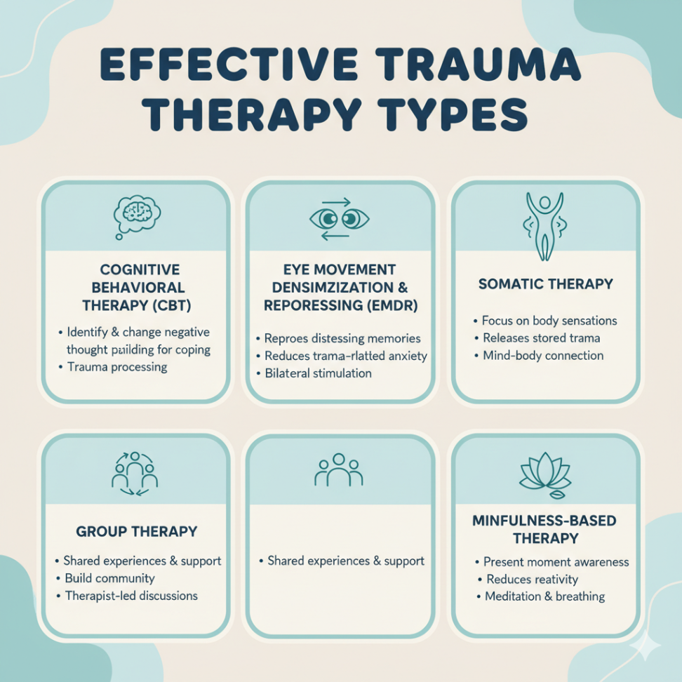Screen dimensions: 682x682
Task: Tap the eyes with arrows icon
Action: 339,219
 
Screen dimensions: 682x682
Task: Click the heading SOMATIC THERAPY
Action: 545,284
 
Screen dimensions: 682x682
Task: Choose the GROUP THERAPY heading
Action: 136,531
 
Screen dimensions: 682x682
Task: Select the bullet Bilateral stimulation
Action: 318,373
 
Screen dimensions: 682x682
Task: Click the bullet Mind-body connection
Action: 542,356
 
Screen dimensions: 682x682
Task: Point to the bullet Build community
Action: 109,579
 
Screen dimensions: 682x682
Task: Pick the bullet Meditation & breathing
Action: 544,596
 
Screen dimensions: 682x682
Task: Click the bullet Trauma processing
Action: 117,367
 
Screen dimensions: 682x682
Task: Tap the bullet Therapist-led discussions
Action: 131,596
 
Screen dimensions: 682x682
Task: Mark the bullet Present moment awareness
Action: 556,562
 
